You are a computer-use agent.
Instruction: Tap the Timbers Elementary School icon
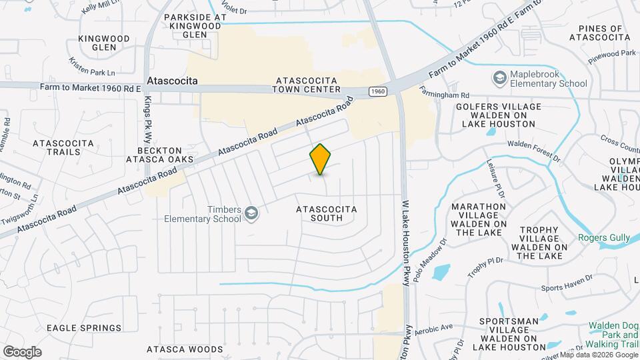pos(251,213)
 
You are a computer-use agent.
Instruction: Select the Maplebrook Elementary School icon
pos(499,79)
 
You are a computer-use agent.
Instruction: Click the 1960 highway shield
pos(377,91)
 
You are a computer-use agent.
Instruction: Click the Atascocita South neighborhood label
pos(326,213)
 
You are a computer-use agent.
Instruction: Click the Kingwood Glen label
pos(103,43)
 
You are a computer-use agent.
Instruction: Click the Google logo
pos(22,351)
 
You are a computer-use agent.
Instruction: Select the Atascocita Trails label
pos(57,147)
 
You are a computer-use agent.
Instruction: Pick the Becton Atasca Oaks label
pos(165,154)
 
